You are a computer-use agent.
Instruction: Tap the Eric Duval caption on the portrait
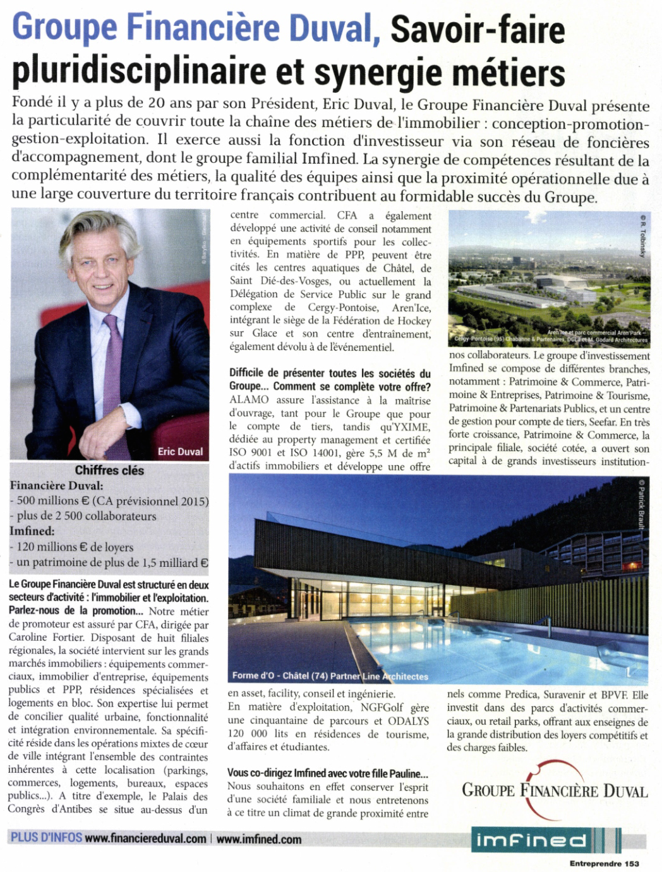click(180, 451)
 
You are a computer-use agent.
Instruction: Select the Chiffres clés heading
click(109, 470)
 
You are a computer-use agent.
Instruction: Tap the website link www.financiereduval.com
click(145, 839)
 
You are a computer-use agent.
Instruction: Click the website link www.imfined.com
click(258, 839)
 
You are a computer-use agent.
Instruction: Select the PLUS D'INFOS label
click(46, 838)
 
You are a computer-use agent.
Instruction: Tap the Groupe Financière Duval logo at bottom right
click(555, 790)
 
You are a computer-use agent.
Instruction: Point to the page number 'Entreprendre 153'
click(605, 864)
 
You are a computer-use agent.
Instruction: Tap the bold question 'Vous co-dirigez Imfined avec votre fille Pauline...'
click(327, 773)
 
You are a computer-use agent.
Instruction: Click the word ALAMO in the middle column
click(249, 400)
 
